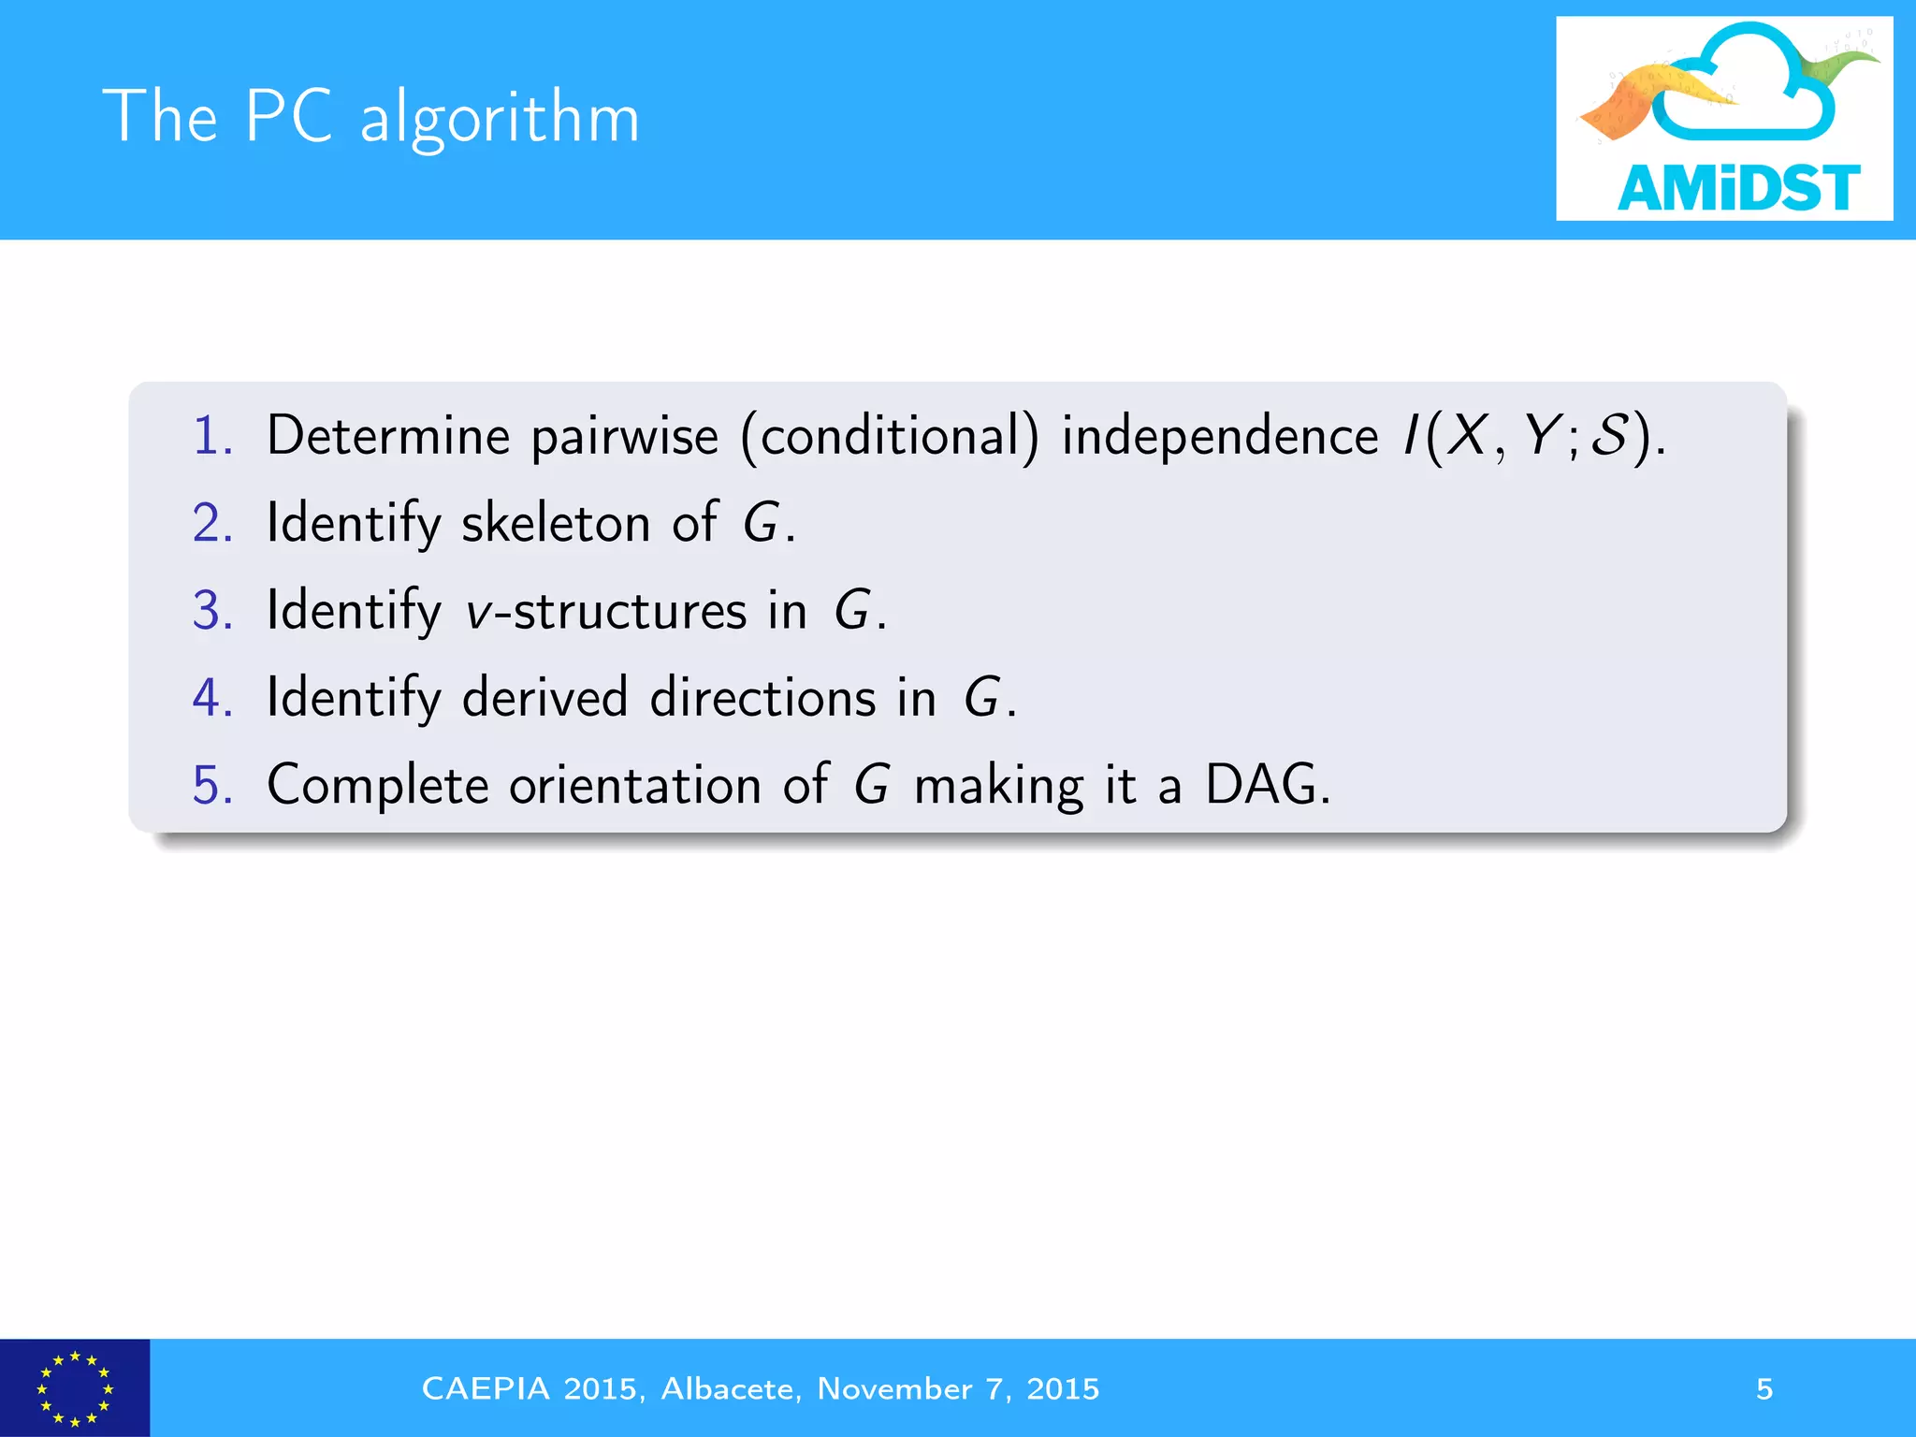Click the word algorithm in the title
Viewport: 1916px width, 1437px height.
[500, 119]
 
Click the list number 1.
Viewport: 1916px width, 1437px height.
[212, 436]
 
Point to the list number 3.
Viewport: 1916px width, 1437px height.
[212, 610]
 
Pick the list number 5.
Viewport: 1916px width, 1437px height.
[212, 784]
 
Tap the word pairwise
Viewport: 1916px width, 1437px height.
[624, 438]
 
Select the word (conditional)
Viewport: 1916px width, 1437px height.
[890, 438]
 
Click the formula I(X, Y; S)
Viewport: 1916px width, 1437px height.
[1531, 438]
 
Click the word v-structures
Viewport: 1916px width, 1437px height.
[606, 611]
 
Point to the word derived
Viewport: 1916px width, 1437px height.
[544, 698]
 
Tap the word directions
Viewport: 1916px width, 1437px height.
[762, 698]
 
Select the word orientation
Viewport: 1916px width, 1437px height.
[635, 784]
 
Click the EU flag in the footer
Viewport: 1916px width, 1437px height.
[74, 1388]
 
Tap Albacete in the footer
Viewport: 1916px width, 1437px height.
[730, 1388]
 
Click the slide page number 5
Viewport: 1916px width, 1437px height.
[1764, 1388]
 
